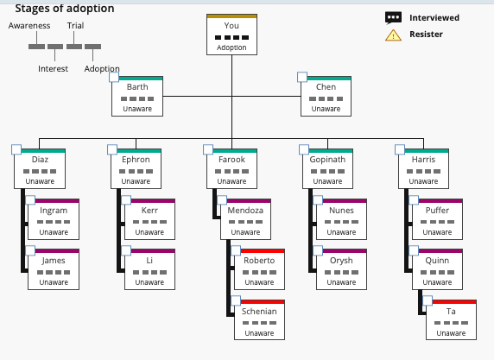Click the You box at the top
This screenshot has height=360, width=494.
(x=231, y=35)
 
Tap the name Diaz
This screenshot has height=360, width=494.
(x=40, y=160)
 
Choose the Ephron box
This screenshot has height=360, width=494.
(x=136, y=169)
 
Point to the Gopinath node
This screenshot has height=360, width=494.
(x=327, y=169)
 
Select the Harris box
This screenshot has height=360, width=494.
(x=423, y=169)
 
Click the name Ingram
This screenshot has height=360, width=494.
(x=54, y=210)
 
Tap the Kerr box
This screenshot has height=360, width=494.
(x=149, y=220)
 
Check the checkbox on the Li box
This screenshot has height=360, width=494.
(x=127, y=251)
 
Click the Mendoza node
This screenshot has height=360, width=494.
(x=245, y=220)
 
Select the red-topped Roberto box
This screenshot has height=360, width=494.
(x=259, y=270)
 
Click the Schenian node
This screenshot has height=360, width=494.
(x=259, y=320)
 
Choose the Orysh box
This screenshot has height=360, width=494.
(x=341, y=270)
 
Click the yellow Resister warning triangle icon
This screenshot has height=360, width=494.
(x=393, y=35)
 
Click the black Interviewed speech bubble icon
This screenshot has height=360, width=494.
(x=393, y=17)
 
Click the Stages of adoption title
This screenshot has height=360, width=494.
(x=64, y=8)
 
